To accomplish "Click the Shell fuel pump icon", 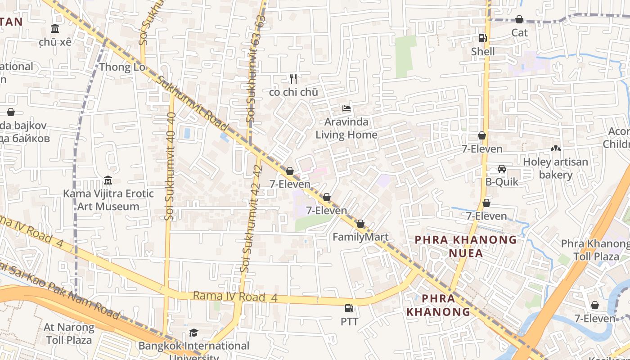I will (x=482, y=38).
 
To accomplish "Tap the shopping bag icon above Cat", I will (x=519, y=19).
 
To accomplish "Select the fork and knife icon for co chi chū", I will (x=293, y=79).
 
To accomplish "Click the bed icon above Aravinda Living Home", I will (x=346, y=108).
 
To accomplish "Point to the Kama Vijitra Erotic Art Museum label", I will (x=108, y=200).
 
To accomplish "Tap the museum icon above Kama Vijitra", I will (x=108, y=180).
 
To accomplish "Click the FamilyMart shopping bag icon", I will (x=360, y=224).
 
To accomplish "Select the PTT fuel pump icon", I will (x=349, y=308).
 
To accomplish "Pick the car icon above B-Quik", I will (x=502, y=169).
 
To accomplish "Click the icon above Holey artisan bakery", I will (x=555, y=148).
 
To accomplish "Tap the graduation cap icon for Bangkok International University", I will (x=193, y=333).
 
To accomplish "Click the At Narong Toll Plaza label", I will (x=69, y=333).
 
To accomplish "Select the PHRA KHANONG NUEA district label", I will (x=466, y=246).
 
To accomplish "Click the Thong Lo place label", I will (x=122, y=67).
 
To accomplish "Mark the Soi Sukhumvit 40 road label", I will (x=170, y=166).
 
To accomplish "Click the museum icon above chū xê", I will (x=55, y=29).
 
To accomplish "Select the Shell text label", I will (x=482, y=52).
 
